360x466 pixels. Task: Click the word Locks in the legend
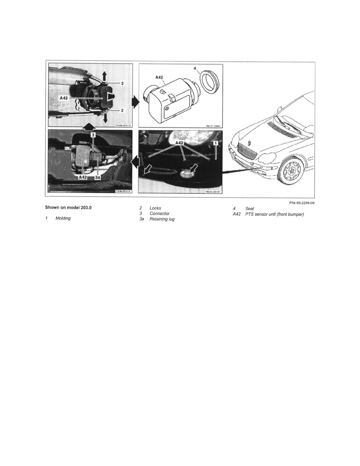pos(155,208)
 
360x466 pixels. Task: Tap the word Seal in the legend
pos(249,208)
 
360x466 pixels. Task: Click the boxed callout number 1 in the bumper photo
pos(215,144)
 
